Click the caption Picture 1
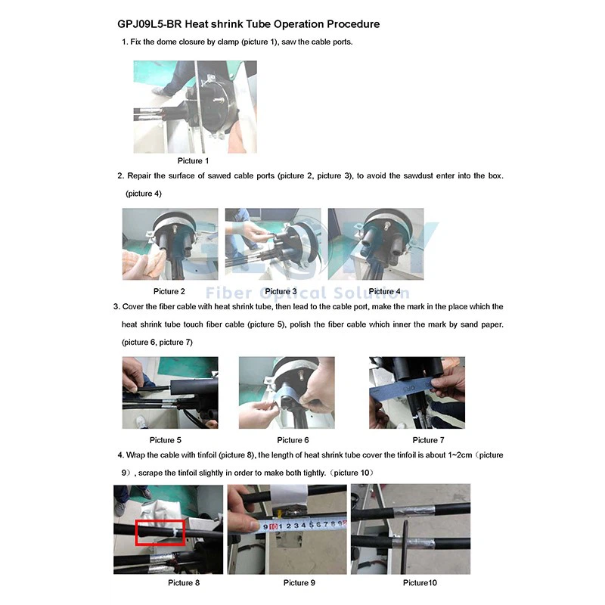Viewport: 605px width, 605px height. pyautogui.click(x=193, y=160)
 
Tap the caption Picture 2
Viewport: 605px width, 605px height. pyautogui.click(x=169, y=291)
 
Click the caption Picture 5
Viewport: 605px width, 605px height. pyautogui.click(x=165, y=440)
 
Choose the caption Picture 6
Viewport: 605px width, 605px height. pyautogui.click(x=293, y=440)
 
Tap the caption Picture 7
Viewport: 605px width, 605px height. pyautogui.click(x=428, y=440)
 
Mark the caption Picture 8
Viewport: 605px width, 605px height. pyautogui.click(x=184, y=582)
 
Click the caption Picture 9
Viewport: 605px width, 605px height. pyautogui.click(x=299, y=582)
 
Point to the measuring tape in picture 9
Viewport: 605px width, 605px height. pyautogui.click(x=302, y=525)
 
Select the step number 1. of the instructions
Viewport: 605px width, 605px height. pyautogui.click(x=125, y=42)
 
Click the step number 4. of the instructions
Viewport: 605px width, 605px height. pyautogui.click(x=120, y=455)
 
